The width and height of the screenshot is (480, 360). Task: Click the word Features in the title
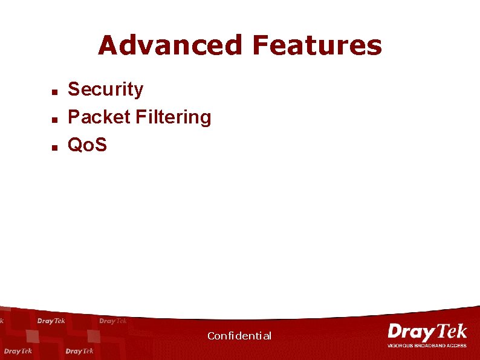[317, 45]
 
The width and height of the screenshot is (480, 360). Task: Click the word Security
[106, 90]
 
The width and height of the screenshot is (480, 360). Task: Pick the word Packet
[99, 117]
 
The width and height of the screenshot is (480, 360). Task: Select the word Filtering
[174, 117]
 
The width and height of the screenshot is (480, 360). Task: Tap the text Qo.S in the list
[87, 144]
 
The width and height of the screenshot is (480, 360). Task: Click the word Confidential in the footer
[239, 336]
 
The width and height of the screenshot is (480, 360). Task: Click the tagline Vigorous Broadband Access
[427, 345]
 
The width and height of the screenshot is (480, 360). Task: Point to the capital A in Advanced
[108, 45]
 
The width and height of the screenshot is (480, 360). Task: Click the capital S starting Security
[74, 90]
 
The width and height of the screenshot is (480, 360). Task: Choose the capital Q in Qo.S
[76, 144]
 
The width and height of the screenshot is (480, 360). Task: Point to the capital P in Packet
[74, 117]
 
